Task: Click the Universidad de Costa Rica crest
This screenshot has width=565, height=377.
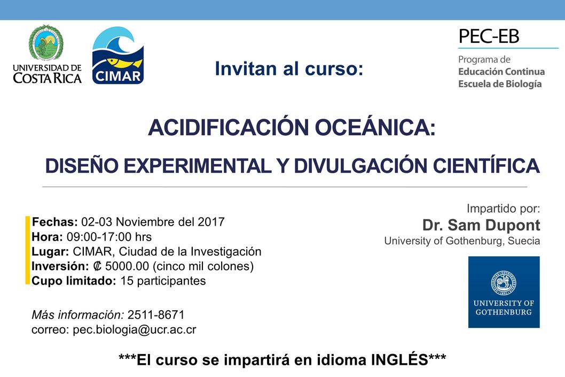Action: [x=46, y=42]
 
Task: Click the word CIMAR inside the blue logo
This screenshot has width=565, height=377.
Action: [x=118, y=76]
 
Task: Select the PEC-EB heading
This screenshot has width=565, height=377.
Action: [x=489, y=36]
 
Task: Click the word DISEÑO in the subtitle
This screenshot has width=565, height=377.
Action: [x=82, y=166]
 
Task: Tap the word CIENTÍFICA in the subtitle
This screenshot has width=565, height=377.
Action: [x=486, y=165]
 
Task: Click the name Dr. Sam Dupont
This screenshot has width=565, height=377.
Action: [x=481, y=225]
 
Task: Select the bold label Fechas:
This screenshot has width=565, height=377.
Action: [x=55, y=221]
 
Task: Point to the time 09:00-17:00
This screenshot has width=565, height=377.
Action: [x=99, y=237]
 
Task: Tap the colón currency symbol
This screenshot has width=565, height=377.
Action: [x=97, y=266]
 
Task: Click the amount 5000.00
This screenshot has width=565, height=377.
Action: [x=127, y=266]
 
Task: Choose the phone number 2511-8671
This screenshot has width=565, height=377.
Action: [x=156, y=314]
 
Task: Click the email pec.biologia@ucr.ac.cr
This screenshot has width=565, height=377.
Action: [x=135, y=330]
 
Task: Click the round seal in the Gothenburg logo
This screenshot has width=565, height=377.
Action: [x=504, y=282]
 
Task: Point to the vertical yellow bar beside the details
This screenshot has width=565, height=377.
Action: [x=27, y=250]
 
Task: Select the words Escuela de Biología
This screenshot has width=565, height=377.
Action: [x=500, y=84]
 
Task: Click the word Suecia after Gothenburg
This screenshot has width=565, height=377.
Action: [x=524, y=241]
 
